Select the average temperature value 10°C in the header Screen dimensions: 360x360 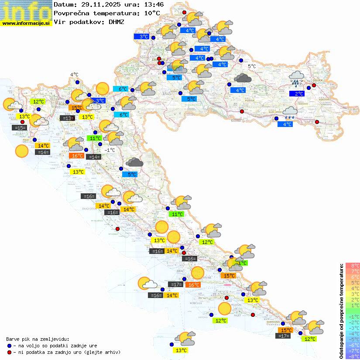150,13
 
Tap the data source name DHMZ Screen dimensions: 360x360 116,21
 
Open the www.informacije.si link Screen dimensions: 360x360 26,23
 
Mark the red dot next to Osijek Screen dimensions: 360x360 314,86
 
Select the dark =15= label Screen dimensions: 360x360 20,128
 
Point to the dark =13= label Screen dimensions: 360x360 67,118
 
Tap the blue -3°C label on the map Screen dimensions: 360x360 99,101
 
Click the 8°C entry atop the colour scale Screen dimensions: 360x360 352,265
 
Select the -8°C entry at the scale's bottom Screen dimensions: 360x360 352,356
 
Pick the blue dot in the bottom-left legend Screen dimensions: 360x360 9,345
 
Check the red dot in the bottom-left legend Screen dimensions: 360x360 9,352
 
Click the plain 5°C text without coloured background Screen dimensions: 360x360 252,66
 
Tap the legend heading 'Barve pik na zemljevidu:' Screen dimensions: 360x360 38,339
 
